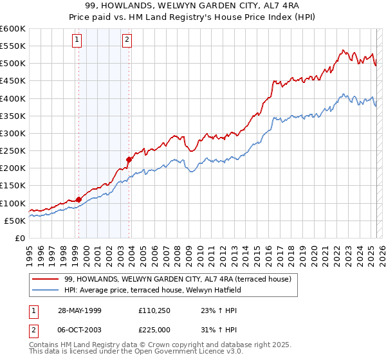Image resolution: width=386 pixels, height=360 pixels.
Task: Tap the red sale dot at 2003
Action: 129,159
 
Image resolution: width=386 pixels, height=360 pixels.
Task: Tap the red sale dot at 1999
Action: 78,199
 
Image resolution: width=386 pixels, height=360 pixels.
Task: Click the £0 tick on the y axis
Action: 19,238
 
